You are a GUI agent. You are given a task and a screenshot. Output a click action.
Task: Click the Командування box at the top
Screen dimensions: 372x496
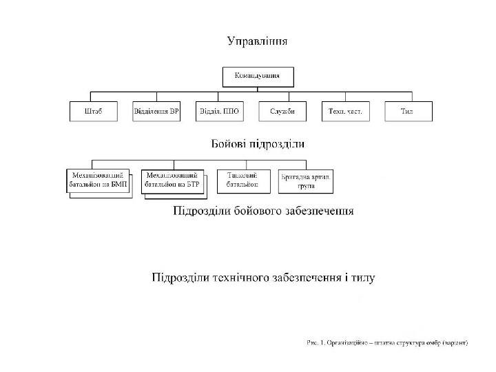258,76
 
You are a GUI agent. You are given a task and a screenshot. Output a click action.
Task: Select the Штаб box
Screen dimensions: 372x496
94,111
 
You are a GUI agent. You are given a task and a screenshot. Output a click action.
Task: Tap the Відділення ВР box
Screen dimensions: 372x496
156,111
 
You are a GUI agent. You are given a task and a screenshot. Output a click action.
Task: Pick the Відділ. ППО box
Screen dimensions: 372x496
219,111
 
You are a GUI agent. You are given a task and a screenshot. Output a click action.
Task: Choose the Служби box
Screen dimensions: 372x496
282,111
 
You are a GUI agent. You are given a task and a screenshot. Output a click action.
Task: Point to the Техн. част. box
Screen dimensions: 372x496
345,111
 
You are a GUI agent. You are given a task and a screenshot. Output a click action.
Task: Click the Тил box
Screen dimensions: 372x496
407,111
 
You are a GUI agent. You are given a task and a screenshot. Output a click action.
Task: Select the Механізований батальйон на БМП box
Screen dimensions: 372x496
97,181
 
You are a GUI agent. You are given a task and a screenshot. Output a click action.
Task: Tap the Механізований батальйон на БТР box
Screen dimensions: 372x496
173,181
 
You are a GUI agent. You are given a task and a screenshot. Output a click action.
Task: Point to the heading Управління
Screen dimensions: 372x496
258,41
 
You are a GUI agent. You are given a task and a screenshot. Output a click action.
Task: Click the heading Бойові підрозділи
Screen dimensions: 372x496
258,145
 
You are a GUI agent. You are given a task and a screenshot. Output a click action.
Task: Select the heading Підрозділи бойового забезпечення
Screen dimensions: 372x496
263,211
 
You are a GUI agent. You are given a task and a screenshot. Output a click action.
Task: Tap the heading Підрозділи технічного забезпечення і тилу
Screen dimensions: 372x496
263,278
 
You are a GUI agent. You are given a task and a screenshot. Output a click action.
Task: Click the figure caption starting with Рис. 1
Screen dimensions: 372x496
388,342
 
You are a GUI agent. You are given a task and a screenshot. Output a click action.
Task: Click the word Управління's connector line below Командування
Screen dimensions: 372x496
258,89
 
